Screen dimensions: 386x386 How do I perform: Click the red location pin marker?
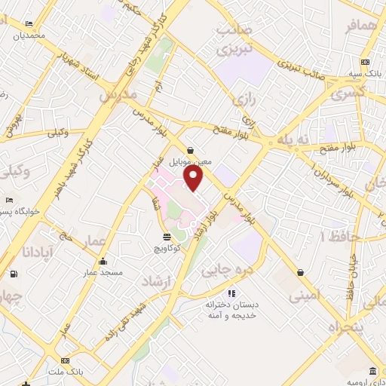[x=194, y=177]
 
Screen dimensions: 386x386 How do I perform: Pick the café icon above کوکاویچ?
[x=166, y=237]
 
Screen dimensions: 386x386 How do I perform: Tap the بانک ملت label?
[x=66, y=372]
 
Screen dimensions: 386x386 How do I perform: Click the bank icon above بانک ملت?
[x=66, y=361]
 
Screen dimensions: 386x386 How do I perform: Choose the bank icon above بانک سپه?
[x=365, y=62]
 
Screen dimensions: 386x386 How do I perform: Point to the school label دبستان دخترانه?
[x=232, y=305]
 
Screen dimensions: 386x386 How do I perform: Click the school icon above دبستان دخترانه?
[x=232, y=293]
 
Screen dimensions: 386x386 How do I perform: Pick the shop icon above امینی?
[x=301, y=272]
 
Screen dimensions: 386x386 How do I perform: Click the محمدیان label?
[x=29, y=35]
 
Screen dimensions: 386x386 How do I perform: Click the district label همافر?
[x=360, y=26]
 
